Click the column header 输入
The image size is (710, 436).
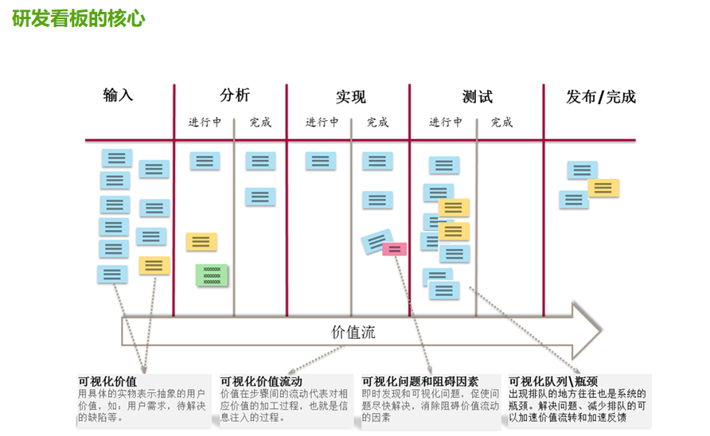point(118,95)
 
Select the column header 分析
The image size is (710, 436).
point(234,95)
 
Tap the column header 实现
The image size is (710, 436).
point(350,97)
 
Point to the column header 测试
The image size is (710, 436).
point(477,97)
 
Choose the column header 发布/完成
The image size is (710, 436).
point(601,97)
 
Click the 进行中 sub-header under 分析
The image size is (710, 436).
point(205,123)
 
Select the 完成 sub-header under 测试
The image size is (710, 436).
point(501,123)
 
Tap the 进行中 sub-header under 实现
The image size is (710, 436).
point(322,123)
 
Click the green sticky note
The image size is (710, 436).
point(212,275)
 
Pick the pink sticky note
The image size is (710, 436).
point(394,249)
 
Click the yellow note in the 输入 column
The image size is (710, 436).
point(154,266)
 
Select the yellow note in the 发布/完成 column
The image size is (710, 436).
point(603,189)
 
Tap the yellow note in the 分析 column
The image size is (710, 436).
point(201,241)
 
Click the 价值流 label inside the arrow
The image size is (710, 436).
point(353,333)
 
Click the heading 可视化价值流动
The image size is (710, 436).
point(261,381)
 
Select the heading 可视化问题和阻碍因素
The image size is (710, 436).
point(419,381)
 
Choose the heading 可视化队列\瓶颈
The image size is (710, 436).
point(553,381)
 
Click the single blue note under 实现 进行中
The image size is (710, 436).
point(320,161)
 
